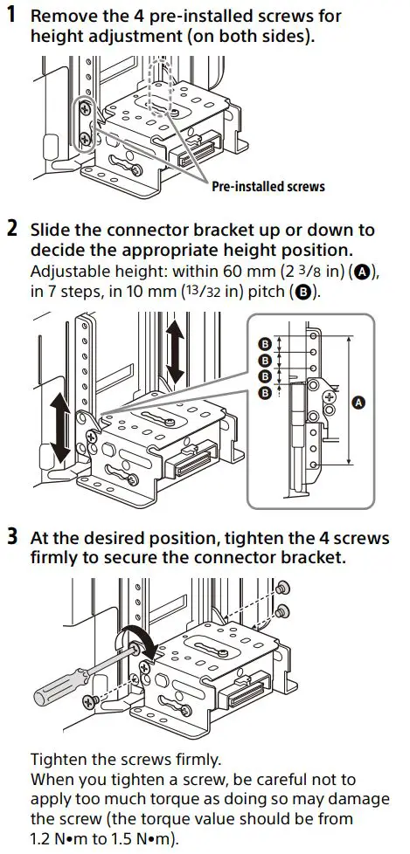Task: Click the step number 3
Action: coord(11,534)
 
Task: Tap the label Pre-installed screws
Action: coord(268,186)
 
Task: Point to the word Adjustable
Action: coord(68,272)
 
